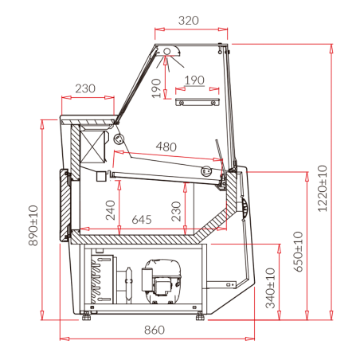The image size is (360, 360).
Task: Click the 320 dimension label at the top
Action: click(188, 21)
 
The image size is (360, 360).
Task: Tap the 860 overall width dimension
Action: click(155, 330)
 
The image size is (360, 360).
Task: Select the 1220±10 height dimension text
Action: click(323, 189)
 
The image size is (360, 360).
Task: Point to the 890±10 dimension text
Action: click(33, 225)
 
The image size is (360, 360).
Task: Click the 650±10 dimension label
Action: click(298, 252)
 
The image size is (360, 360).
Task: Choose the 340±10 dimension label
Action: click(270, 288)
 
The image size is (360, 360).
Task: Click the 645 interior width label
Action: click(142, 220)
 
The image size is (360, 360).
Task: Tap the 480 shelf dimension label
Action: click(166, 147)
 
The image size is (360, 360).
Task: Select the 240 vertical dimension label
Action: click(111, 210)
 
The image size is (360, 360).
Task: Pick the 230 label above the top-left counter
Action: click(85, 88)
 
